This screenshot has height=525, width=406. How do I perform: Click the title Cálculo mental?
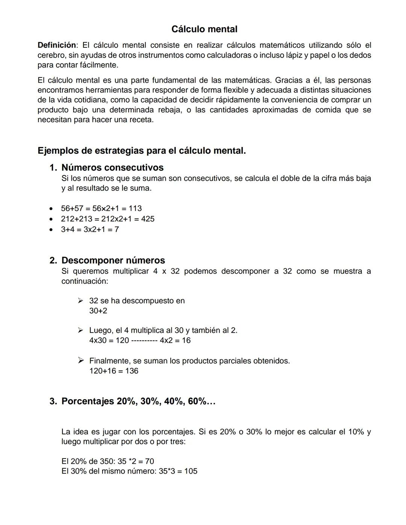(204, 29)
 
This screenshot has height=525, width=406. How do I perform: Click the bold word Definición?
(56, 45)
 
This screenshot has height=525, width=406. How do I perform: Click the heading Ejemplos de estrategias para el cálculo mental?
(142, 151)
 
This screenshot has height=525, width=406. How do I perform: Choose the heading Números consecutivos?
(112, 168)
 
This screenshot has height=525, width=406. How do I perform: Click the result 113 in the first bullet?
(135, 209)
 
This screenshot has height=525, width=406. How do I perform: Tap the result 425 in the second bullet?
(148, 219)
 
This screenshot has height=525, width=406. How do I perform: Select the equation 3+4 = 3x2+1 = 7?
(90, 230)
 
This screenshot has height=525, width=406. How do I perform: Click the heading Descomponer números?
(113, 260)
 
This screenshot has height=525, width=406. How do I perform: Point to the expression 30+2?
(98, 311)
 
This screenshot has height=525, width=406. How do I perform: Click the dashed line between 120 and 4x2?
(144, 341)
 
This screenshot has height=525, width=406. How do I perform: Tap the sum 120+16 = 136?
(114, 371)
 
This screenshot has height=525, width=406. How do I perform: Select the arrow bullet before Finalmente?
(80, 361)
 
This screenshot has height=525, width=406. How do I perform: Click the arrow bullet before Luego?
(80, 330)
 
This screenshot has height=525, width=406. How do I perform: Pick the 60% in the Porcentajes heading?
(197, 401)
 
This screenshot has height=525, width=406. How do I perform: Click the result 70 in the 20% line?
(149, 461)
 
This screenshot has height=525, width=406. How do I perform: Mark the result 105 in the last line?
(191, 471)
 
